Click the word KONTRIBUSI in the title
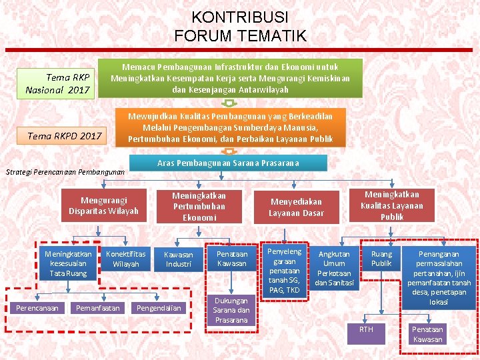(x=239, y=17)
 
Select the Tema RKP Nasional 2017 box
(x=58, y=84)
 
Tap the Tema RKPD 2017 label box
(x=65, y=136)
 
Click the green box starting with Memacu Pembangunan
(x=230, y=78)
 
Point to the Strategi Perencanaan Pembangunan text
(x=65, y=172)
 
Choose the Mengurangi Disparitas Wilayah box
(x=103, y=205)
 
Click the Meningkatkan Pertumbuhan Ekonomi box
(x=199, y=206)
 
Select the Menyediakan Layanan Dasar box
(x=296, y=207)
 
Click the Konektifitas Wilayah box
(x=125, y=259)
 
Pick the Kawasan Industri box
(x=178, y=259)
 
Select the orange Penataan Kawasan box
(x=231, y=259)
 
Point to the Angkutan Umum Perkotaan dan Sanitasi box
(x=334, y=269)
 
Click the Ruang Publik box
(x=381, y=259)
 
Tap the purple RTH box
(x=366, y=333)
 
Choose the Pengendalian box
(x=158, y=307)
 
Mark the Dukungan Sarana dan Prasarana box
(x=231, y=310)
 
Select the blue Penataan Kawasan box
(x=427, y=335)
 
